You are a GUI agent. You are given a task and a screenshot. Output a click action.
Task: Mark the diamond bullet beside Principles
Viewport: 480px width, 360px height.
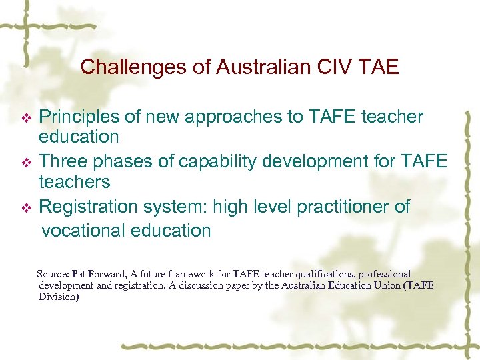27,118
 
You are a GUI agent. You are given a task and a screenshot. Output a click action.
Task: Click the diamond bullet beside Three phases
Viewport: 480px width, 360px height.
27,163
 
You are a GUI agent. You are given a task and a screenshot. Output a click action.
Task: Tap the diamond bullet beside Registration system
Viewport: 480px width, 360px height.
27,208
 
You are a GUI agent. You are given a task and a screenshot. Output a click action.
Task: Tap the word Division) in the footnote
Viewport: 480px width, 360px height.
59,297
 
